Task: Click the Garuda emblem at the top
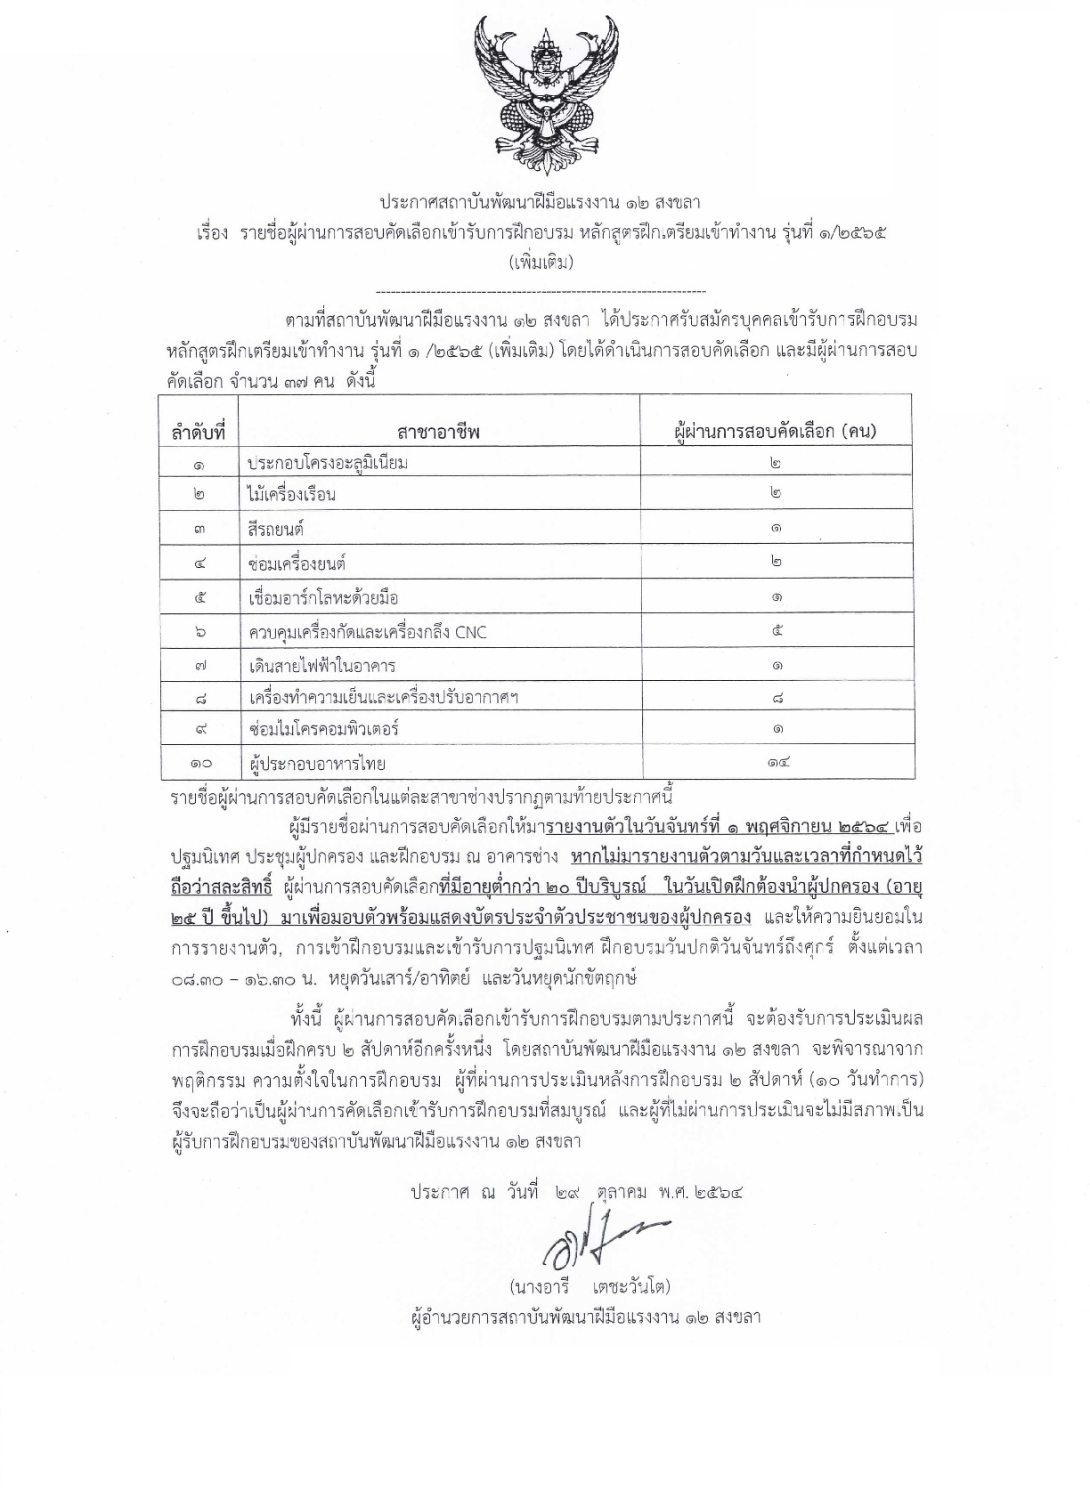546,94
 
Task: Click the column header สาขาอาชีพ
439,433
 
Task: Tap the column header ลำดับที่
198,433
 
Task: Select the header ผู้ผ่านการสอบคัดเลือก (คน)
776,432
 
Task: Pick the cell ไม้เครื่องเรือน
292,494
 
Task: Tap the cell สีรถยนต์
277,529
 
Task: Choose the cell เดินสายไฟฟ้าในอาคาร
322,666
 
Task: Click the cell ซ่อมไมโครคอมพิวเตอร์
324,729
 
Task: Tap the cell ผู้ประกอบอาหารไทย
318,763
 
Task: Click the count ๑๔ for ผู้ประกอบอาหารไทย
777,762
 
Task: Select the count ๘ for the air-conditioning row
777,698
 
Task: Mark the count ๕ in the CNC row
777,631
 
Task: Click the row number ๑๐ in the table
199,763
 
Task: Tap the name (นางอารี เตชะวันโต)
590,1287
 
